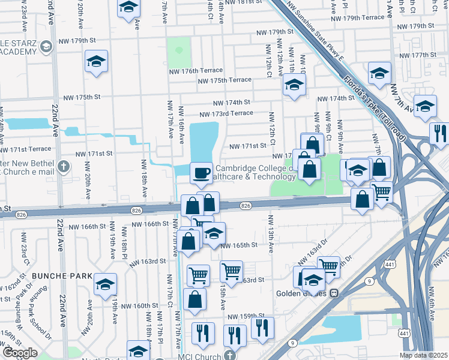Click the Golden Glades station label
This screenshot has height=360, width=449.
point(301,293)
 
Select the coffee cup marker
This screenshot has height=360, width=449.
point(201,173)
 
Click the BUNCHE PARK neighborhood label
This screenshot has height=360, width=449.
point(63,276)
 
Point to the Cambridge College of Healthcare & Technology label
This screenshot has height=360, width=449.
point(255,173)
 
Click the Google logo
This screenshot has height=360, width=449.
point(20,353)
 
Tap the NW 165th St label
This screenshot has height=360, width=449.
point(239,245)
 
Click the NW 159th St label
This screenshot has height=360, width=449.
point(246,316)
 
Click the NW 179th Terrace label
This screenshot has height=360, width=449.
point(358,17)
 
